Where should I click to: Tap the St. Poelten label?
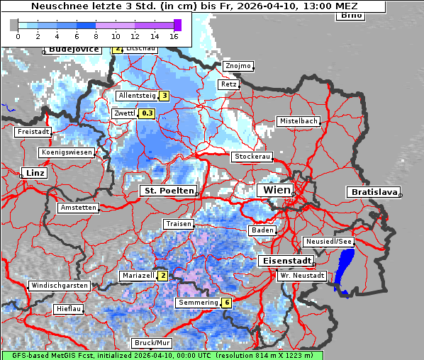coord(168,191)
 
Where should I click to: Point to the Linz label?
coord(33,173)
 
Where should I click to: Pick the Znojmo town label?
coord(238,66)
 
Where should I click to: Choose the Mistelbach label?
coord(298,121)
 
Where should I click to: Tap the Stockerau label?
coord(252,157)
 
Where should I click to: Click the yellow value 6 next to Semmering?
coord(226,303)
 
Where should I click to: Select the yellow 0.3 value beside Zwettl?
coord(147,113)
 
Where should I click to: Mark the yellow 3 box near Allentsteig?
coord(164,96)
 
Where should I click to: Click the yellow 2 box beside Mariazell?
coord(162,275)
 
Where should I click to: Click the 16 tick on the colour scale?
coord(174,36)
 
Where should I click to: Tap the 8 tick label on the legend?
coord(96,36)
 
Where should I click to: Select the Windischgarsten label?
coord(60,286)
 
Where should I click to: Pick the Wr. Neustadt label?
coord(302,275)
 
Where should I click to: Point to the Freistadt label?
coord(33,132)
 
